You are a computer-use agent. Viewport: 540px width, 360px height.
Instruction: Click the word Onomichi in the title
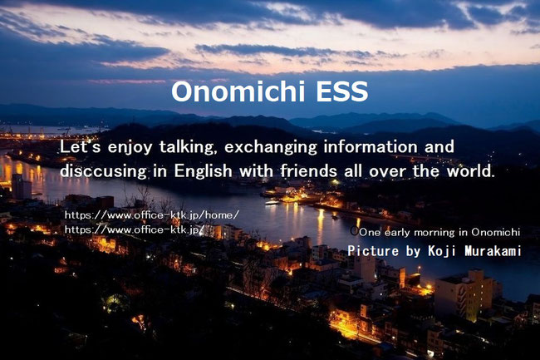click(x=238, y=91)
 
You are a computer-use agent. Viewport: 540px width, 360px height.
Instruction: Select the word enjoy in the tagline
click(x=130, y=148)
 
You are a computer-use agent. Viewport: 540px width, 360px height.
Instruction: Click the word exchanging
click(x=270, y=148)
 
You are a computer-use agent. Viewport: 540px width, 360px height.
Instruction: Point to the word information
click(x=371, y=147)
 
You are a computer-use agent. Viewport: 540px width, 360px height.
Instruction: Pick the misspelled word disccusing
click(x=103, y=171)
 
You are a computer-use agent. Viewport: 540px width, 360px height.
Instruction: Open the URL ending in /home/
click(x=152, y=215)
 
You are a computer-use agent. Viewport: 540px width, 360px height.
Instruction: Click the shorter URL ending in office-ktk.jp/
click(x=135, y=229)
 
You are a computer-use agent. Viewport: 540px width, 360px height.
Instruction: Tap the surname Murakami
click(x=493, y=251)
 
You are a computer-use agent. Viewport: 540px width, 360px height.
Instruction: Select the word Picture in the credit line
click(x=373, y=251)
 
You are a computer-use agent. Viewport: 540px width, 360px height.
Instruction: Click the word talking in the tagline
click(x=188, y=148)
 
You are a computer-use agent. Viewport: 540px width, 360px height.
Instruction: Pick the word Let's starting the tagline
click(x=81, y=147)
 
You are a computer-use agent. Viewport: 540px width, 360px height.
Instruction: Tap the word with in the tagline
click(x=256, y=170)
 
